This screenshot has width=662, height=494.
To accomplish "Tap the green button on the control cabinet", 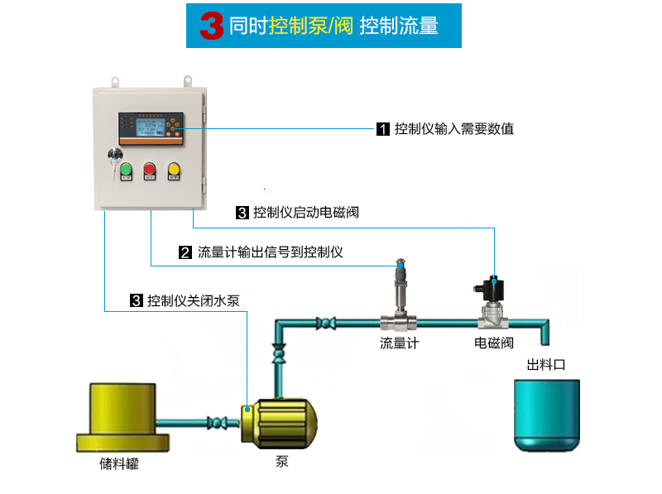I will (126, 170).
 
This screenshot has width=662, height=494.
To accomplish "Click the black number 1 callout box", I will (382, 129).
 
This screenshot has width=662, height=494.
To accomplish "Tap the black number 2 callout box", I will (185, 252).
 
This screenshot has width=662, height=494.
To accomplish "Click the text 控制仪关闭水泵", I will (193, 300).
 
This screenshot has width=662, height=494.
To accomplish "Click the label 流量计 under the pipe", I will (399, 343).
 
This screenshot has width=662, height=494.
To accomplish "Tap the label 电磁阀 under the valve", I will (494, 343).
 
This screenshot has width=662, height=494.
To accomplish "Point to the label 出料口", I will (545, 364).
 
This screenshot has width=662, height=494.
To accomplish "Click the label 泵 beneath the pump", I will (282, 462).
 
